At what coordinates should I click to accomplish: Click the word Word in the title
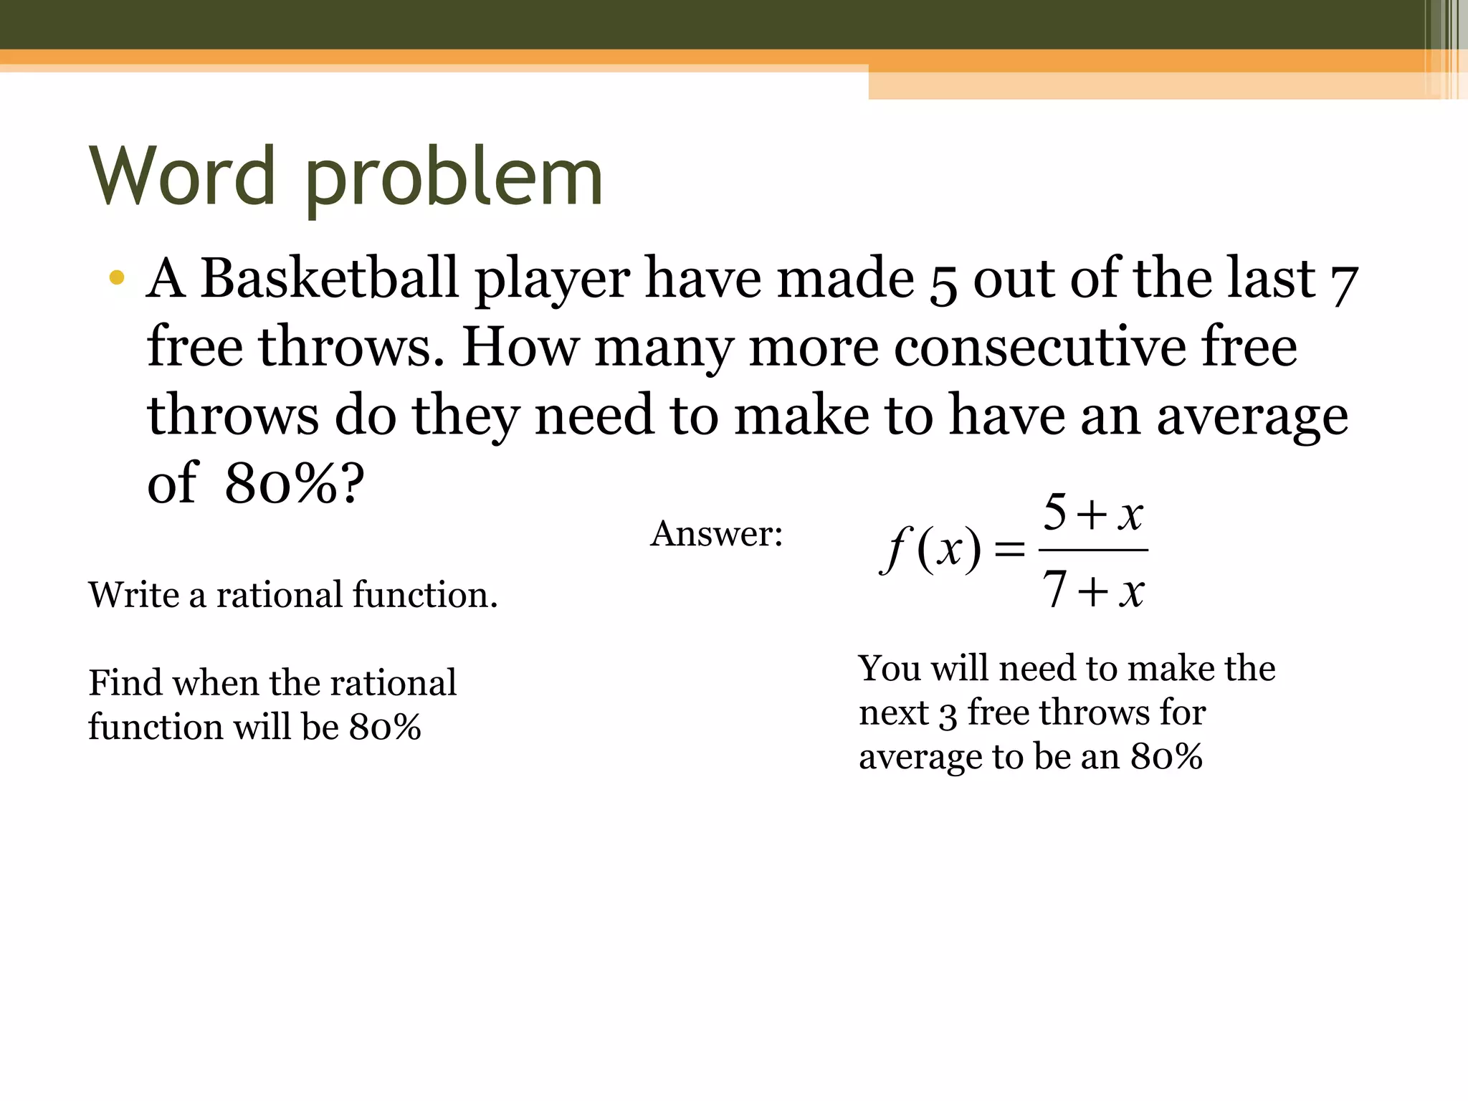pyautogui.click(x=183, y=176)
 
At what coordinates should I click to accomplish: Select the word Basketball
pyautogui.click(x=328, y=278)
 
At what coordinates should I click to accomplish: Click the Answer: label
pyautogui.click(x=717, y=534)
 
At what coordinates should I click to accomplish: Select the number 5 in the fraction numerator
pyautogui.click(x=1054, y=513)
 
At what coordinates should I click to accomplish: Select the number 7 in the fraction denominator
pyautogui.click(x=1054, y=590)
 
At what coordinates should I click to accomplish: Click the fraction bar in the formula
pyautogui.click(x=1093, y=550)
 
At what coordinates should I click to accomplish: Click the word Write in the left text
pyautogui.click(x=133, y=595)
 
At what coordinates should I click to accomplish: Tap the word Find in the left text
pyautogui.click(x=125, y=682)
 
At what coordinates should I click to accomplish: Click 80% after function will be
pyautogui.click(x=385, y=728)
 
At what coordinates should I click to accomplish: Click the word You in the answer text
pyautogui.click(x=890, y=668)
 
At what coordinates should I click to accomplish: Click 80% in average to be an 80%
pyautogui.click(x=1166, y=757)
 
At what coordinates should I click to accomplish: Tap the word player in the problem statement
pyautogui.click(x=553, y=280)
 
